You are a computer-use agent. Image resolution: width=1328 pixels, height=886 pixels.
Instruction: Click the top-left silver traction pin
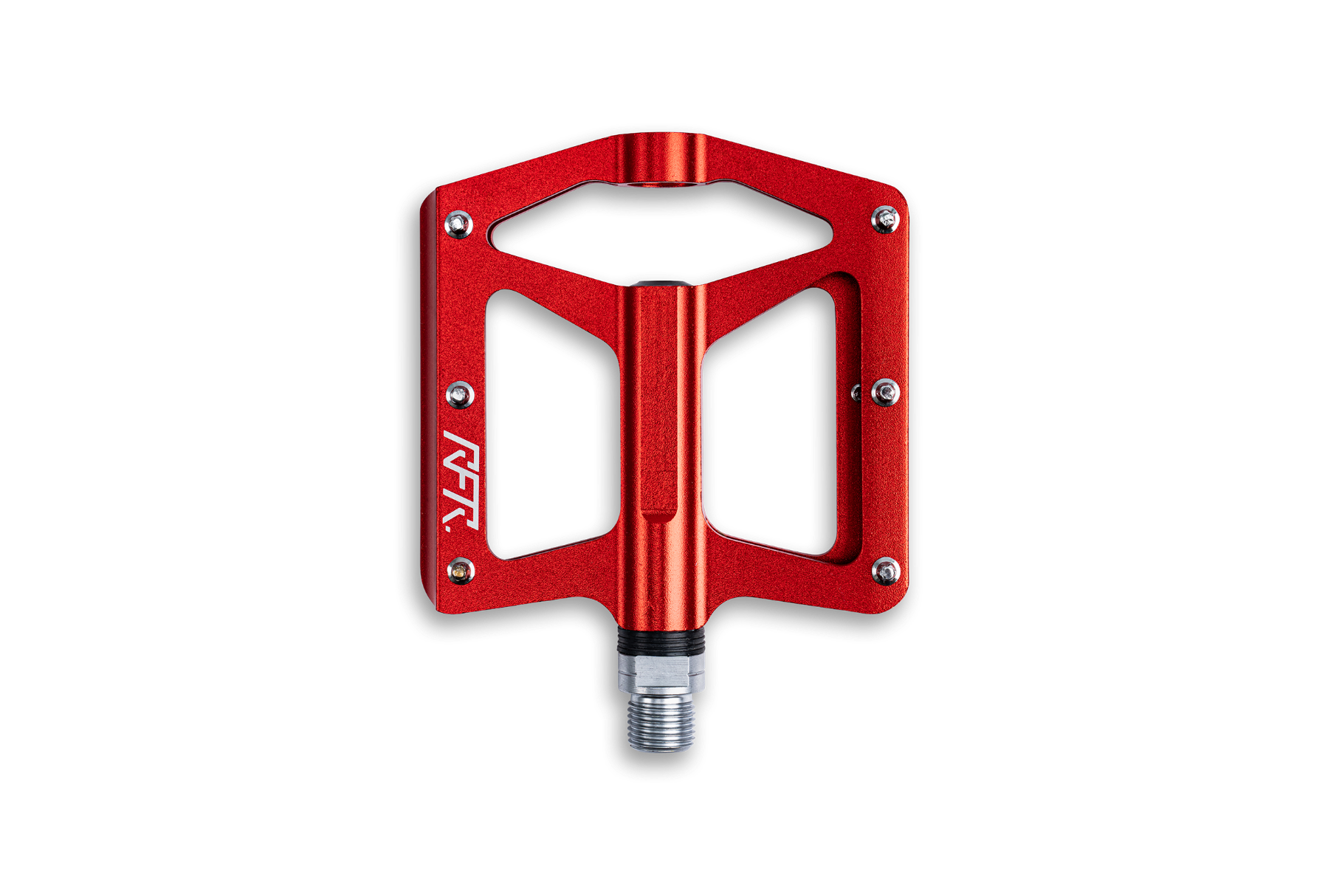pyautogui.click(x=458, y=224)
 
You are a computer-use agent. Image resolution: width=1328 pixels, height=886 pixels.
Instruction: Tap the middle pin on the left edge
pyautogui.click(x=461, y=395)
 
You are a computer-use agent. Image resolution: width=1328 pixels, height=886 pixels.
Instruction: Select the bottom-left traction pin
pyautogui.click(x=461, y=570)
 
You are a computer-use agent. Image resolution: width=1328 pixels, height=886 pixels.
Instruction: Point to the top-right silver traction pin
pyautogui.click(x=884, y=219)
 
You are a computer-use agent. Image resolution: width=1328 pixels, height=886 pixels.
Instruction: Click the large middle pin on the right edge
pyautogui.click(x=885, y=392)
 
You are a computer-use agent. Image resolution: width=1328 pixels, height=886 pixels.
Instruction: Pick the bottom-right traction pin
pyautogui.click(x=886, y=571)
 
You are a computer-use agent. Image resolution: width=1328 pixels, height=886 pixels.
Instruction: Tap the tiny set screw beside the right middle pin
pyautogui.click(x=856, y=392)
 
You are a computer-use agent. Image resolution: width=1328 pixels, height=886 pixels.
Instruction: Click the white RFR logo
pyautogui.click(x=461, y=479)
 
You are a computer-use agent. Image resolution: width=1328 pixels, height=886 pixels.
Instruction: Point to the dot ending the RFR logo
pyautogui.click(x=447, y=518)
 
